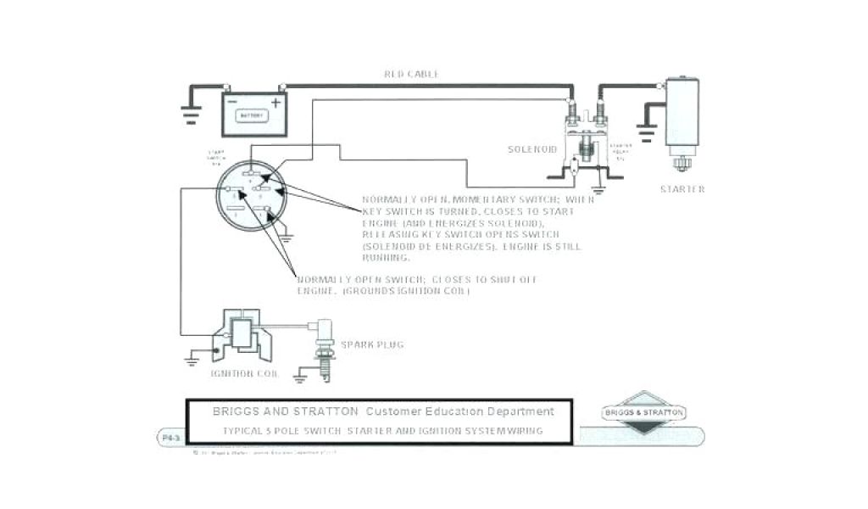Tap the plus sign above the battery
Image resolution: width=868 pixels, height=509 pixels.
[x=275, y=102]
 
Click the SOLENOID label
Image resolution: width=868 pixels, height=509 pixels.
[x=531, y=149]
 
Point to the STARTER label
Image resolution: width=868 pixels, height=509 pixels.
[x=682, y=189]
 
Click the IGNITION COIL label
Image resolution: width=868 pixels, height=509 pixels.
[x=239, y=372]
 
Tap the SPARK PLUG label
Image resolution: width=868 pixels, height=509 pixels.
[x=372, y=344]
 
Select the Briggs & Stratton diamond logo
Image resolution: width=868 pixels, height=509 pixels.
[x=646, y=413]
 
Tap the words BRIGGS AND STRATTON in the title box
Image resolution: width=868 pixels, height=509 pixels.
[x=285, y=411]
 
